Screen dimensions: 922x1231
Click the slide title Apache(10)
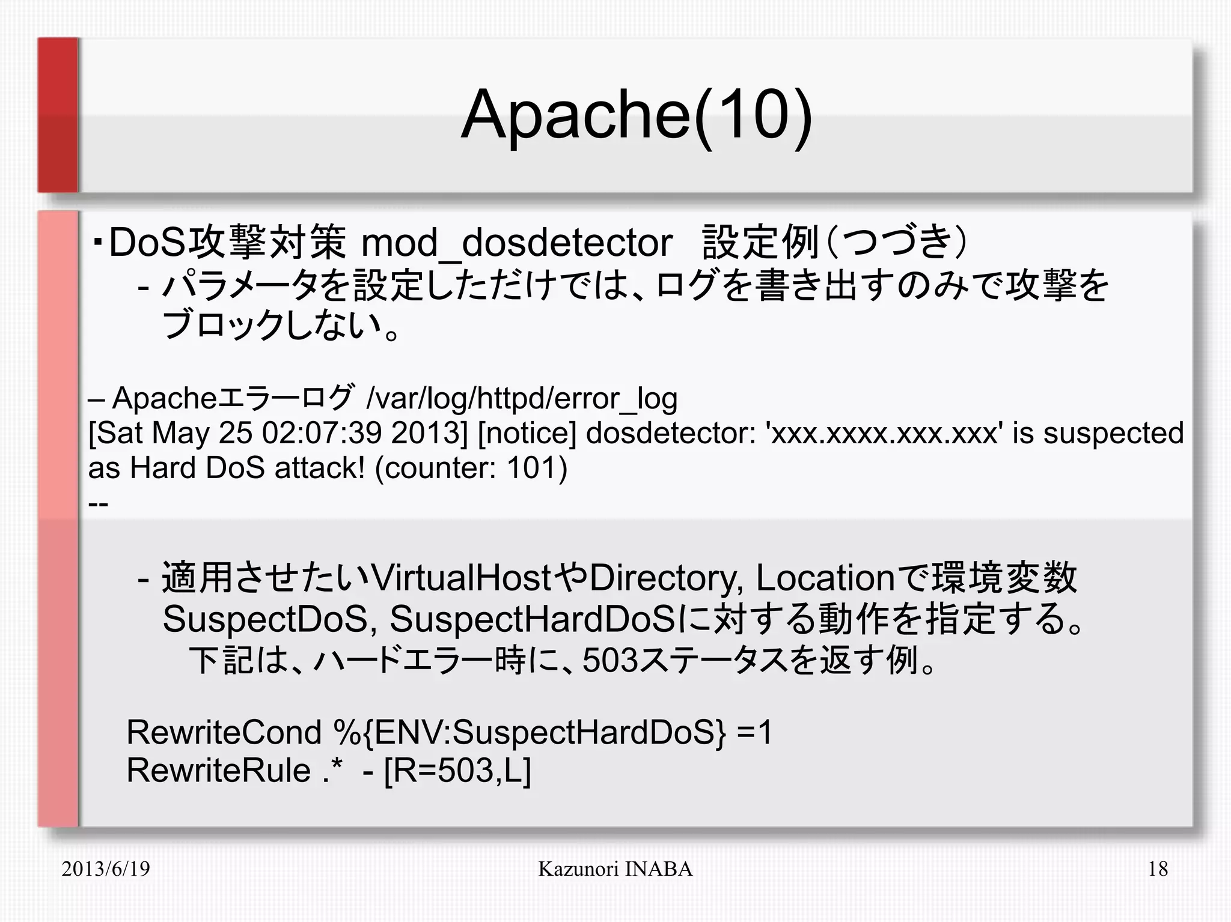636,115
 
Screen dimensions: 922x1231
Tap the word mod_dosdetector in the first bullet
516,243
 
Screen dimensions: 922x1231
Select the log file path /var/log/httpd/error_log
522,398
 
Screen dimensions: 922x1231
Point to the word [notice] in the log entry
527,433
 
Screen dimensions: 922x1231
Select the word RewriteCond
224,732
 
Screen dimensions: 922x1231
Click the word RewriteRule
218,770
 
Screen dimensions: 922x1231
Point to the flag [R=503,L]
457,770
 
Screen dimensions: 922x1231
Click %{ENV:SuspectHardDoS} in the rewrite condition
529,732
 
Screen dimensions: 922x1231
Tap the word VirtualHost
462,578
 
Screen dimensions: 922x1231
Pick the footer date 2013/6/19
106,869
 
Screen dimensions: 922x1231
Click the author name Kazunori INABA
615,869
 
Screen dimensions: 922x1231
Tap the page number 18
1158,869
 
